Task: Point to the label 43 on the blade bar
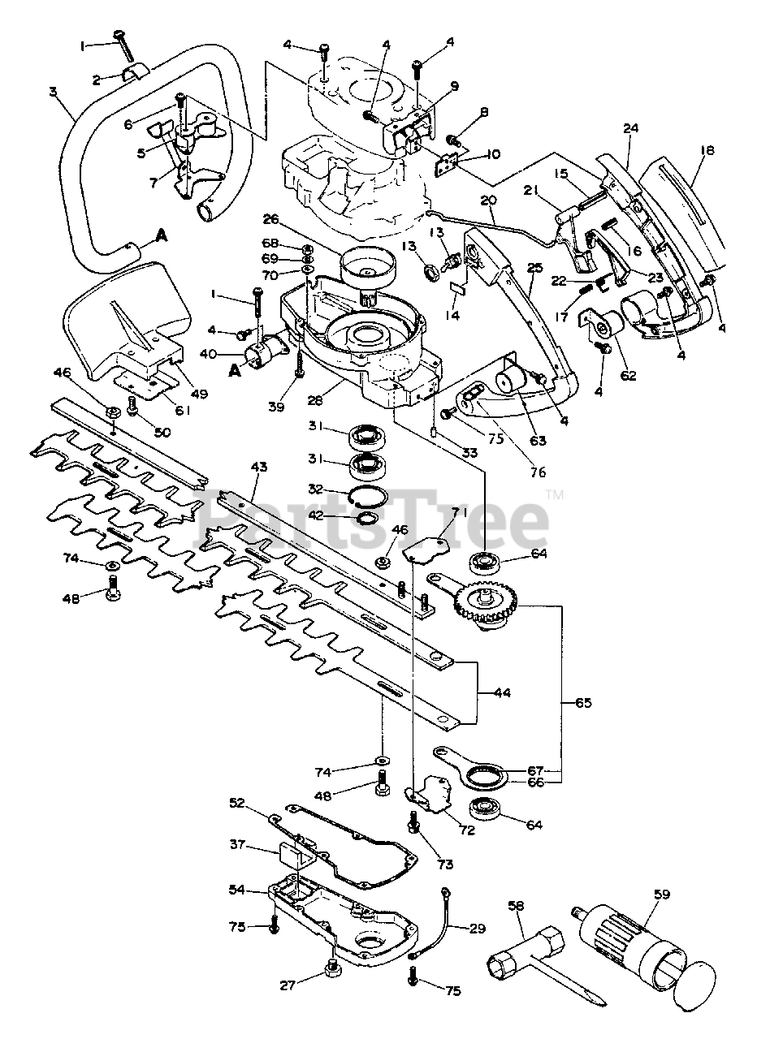[x=258, y=467]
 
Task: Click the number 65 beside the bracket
[x=583, y=703]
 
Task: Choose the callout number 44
[x=502, y=705]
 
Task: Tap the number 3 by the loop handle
[x=53, y=92]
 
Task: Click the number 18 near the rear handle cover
[x=708, y=150]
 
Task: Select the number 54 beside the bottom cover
[x=238, y=890]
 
